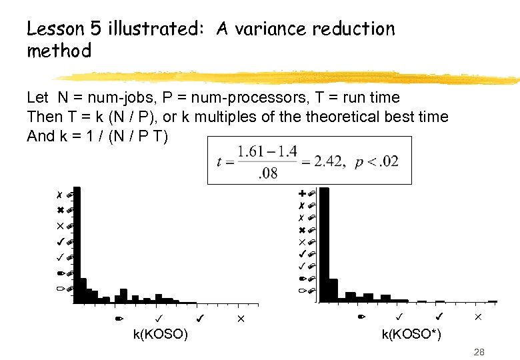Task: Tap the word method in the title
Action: (x=59, y=51)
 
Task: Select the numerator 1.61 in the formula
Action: (x=251, y=151)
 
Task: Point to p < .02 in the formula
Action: (x=380, y=161)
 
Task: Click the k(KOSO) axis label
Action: (x=160, y=334)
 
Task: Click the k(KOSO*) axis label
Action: (x=411, y=334)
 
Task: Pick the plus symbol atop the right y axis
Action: (x=302, y=193)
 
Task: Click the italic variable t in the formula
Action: (x=219, y=161)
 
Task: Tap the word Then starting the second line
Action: (x=43, y=117)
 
